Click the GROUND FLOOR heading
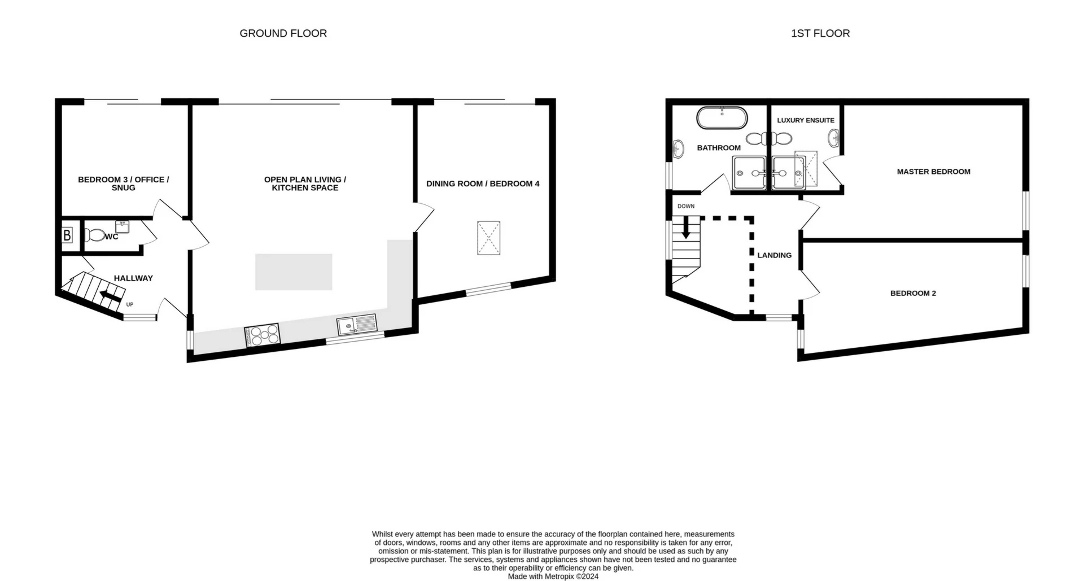(x=283, y=33)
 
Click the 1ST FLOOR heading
(x=820, y=33)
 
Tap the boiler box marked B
(x=67, y=235)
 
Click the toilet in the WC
(x=95, y=235)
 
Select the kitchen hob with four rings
(x=262, y=335)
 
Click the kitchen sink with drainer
(x=357, y=325)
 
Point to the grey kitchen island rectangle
(x=294, y=272)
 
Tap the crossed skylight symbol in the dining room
(x=488, y=238)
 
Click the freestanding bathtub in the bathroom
(x=722, y=119)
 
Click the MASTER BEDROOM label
(x=933, y=172)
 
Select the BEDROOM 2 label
(x=913, y=293)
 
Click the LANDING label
(x=774, y=255)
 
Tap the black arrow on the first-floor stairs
(x=686, y=227)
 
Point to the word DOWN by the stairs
(x=686, y=206)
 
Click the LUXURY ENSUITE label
(x=805, y=120)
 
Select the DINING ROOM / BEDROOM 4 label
(x=483, y=184)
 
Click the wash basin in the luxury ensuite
(x=833, y=137)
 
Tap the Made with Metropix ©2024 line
(x=553, y=576)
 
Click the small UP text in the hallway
(x=130, y=304)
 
